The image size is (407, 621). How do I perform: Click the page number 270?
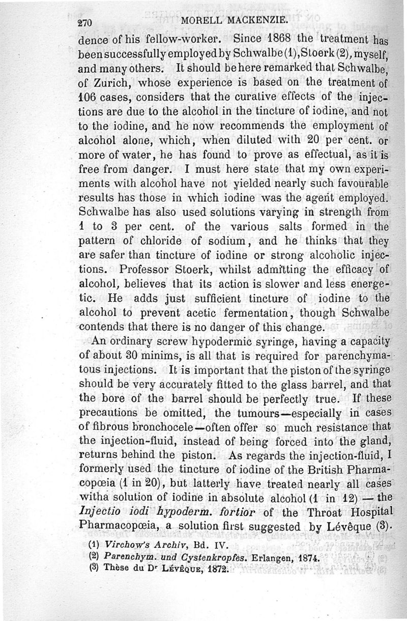pos(86,22)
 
